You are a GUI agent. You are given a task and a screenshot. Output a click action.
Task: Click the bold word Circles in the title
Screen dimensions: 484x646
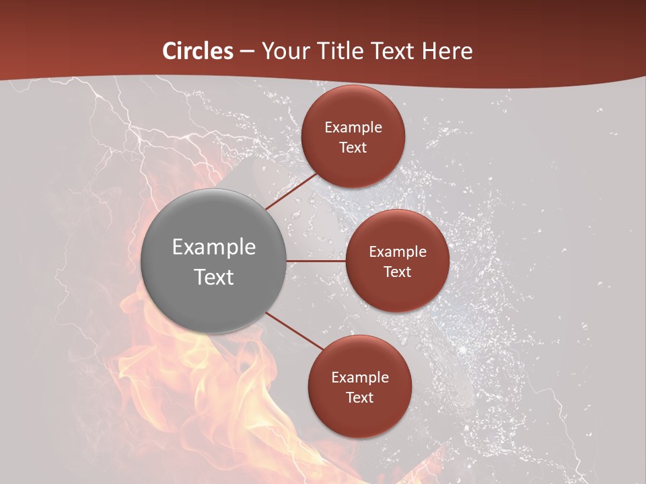[x=198, y=50]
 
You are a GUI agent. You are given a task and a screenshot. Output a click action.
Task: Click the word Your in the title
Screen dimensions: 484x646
[x=287, y=50]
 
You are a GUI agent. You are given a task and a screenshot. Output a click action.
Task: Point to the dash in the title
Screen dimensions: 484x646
[x=247, y=52]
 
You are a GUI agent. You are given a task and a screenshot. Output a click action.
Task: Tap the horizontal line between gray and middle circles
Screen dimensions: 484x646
[x=316, y=261]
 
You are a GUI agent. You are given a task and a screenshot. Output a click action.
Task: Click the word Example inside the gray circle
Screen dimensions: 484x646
[x=214, y=247]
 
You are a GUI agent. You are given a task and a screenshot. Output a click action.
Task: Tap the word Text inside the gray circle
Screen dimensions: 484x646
[x=214, y=277]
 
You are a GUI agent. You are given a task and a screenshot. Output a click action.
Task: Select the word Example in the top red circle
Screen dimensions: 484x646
[x=353, y=127]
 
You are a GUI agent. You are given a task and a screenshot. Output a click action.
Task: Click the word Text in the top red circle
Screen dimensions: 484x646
[x=353, y=147]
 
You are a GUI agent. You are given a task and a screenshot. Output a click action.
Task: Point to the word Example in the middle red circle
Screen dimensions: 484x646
[x=398, y=251]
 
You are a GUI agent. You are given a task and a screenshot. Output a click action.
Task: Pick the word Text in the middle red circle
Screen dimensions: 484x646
[x=397, y=272]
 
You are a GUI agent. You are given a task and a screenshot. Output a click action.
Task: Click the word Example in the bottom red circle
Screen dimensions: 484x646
[x=360, y=377]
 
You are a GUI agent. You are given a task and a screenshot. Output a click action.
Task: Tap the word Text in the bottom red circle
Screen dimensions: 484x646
[x=359, y=397]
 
